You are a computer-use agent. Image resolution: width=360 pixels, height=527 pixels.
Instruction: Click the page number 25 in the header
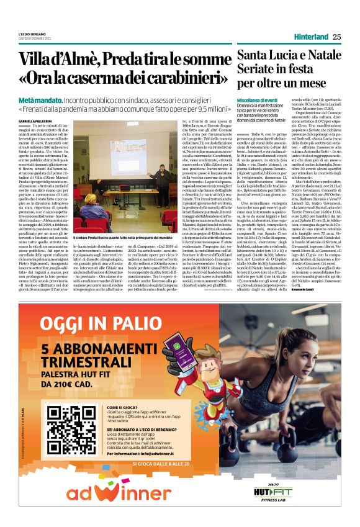point(336,37)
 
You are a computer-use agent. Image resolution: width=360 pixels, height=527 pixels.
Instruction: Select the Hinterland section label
point(311,37)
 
